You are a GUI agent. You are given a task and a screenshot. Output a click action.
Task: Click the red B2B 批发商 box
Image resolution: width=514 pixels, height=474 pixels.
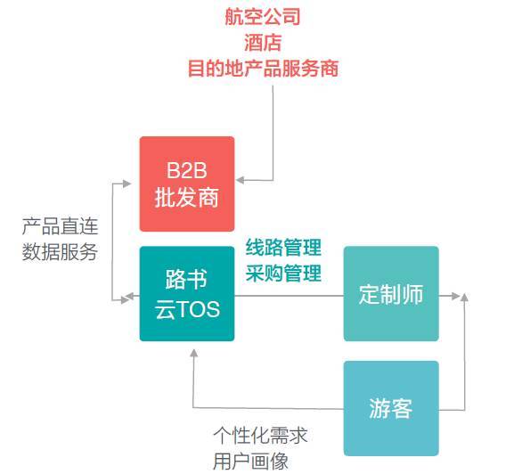tap(187, 184)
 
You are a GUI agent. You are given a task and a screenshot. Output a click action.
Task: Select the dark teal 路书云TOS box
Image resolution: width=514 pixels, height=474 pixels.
tap(187, 294)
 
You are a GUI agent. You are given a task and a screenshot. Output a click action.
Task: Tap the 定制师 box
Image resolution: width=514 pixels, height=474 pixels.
tap(391, 294)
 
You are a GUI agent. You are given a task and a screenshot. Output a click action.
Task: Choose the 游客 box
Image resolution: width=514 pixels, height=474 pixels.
tap(391, 408)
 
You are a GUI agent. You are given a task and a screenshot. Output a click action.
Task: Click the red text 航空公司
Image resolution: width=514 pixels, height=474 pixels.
tap(263, 17)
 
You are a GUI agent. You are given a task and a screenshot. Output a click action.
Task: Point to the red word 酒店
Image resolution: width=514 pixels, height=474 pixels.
tap(263, 43)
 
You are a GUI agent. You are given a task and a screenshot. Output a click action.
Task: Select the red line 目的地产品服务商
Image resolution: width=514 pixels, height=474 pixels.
tap(263, 69)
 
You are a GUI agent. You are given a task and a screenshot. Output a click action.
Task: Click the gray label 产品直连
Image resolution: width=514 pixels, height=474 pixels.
tap(61, 225)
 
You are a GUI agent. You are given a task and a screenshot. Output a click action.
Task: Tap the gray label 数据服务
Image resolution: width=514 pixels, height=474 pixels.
tap(60, 252)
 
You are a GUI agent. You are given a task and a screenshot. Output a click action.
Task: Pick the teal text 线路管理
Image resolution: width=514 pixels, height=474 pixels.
tap(283, 248)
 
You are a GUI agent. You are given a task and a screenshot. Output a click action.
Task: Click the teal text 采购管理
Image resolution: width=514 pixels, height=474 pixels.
tap(283, 273)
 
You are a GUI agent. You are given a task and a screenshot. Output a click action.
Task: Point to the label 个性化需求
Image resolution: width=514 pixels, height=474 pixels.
tap(261, 436)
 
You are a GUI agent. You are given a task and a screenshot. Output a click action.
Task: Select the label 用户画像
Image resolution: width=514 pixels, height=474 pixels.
tap(251, 462)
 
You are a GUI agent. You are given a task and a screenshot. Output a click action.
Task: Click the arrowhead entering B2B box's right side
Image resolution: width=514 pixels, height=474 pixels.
tap(240, 180)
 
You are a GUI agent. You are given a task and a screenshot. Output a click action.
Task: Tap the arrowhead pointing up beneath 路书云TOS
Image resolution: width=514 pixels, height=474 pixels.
tap(194, 353)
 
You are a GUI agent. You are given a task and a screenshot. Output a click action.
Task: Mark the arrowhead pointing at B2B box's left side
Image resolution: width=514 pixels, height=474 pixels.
tap(127, 184)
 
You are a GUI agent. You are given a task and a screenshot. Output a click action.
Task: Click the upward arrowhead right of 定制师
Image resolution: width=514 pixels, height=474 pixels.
tap(464, 298)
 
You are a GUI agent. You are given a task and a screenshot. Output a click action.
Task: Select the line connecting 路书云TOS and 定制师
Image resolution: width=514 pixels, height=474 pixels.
tap(290, 296)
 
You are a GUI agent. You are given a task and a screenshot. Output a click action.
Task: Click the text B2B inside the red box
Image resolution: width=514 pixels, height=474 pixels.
tap(187, 170)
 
